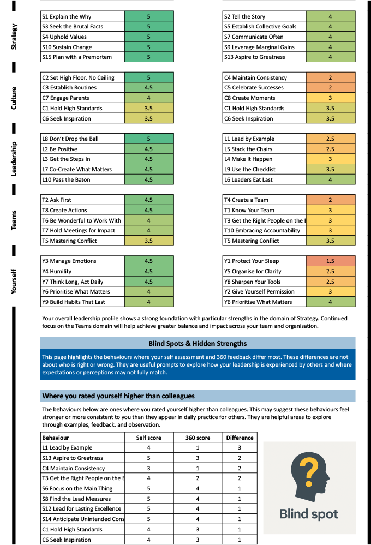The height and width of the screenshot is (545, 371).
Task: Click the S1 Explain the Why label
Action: tap(67, 16)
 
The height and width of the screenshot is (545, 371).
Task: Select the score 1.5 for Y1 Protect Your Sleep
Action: tap(330, 261)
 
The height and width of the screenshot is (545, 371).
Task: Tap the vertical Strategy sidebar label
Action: tap(14, 37)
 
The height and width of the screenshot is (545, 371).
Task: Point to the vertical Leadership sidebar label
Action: tap(14, 159)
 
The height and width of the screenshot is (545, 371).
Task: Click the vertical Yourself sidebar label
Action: tap(14, 281)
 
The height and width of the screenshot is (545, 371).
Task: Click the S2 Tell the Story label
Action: tap(245, 16)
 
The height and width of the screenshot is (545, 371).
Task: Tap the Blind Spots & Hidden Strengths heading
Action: tap(198, 344)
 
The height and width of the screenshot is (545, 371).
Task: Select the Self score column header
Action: tap(149, 438)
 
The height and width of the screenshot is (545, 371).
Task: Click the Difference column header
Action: tap(240, 438)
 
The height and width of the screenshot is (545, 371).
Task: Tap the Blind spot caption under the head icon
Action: tap(309, 514)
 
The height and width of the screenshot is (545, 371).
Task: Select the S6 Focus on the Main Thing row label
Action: tap(77, 489)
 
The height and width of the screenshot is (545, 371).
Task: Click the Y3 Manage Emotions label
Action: tap(69, 261)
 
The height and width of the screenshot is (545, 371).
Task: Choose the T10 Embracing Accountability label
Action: tap(262, 231)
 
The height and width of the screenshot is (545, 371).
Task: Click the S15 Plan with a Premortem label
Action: tap(77, 57)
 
